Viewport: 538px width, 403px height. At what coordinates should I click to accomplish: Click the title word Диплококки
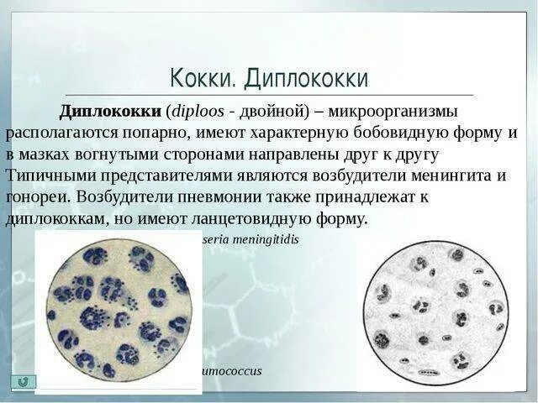tap(306, 79)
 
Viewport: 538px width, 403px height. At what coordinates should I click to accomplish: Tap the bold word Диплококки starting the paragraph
tap(112, 112)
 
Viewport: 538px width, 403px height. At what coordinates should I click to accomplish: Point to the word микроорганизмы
tap(393, 112)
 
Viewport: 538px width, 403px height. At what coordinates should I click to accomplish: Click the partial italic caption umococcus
tap(229, 370)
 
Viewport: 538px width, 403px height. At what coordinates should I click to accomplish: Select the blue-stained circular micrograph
tap(118, 311)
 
